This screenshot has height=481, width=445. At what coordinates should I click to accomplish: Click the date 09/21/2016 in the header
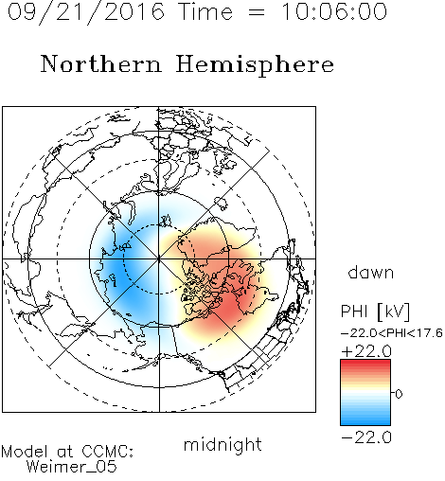click(x=86, y=12)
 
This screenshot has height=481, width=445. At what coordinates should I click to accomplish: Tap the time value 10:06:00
click(x=334, y=12)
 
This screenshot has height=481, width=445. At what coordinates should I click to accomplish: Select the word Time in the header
click(x=205, y=12)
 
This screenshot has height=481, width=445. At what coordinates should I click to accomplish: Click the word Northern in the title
click(x=101, y=64)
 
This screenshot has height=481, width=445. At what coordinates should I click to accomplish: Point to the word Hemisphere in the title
click(x=255, y=65)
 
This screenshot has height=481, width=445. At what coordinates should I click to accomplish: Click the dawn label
click(x=371, y=273)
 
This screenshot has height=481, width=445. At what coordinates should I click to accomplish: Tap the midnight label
click(x=222, y=444)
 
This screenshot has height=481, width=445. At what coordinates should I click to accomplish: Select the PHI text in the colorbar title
click(x=354, y=312)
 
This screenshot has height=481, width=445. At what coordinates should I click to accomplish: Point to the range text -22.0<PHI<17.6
click(x=392, y=333)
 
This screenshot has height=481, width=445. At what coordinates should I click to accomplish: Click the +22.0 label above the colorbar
click(x=366, y=351)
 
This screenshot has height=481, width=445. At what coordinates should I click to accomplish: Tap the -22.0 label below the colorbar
click(x=366, y=437)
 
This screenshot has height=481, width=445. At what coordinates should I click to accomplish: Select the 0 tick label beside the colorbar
click(x=399, y=394)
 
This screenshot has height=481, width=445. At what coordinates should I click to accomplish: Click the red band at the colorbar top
click(x=365, y=363)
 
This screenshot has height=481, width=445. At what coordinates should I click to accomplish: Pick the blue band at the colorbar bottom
click(x=365, y=421)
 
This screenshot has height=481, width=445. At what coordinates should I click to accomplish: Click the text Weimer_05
click(x=72, y=467)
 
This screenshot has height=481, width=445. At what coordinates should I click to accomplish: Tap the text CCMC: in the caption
click(x=107, y=452)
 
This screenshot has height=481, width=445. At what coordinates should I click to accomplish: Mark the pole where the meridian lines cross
click(x=159, y=259)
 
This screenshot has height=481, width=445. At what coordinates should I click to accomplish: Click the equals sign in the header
click(x=257, y=12)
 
